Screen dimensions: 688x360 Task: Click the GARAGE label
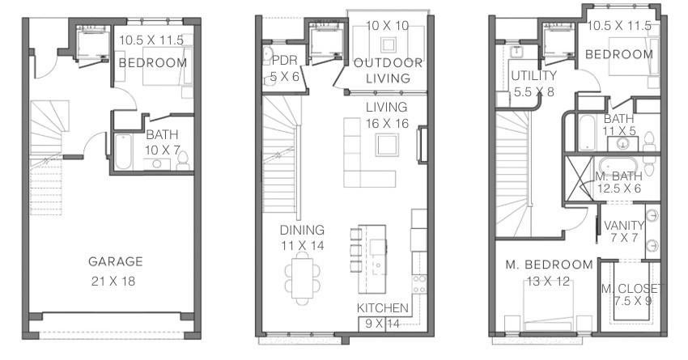(x=116, y=261)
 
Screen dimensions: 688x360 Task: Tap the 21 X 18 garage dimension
(x=113, y=281)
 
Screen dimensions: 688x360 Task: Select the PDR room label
(x=284, y=60)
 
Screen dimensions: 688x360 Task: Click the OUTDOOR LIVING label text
(x=389, y=70)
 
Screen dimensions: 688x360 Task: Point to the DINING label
(x=303, y=230)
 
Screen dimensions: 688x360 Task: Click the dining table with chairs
(x=303, y=278)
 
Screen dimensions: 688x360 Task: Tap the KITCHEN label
(x=383, y=307)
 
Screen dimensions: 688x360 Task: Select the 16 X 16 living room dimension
(x=388, y=124)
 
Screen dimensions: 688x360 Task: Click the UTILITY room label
(x=533, y=75)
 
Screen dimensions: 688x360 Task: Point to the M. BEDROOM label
(x=550, y=265)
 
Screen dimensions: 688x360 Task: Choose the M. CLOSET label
(x=631, y=289)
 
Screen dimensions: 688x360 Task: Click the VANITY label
(x=624, y=226)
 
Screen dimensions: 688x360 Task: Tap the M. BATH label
(x=618, y=176)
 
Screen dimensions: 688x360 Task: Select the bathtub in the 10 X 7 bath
(x=123, y=152)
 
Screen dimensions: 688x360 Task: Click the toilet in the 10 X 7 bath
(x=183, y=161)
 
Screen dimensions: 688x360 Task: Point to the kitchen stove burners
(x=419, y=284)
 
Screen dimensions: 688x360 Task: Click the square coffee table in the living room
(x=387, y=145)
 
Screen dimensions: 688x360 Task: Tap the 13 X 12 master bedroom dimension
(x=548, y=281)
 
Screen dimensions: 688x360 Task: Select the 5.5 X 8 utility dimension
(x=534, y=92)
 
